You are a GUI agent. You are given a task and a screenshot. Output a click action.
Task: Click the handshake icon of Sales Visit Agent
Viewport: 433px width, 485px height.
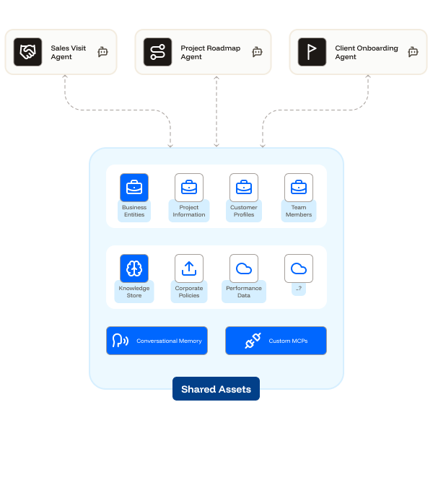point(28,52)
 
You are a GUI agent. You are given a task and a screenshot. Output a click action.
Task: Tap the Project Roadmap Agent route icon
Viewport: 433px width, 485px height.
point(158,52)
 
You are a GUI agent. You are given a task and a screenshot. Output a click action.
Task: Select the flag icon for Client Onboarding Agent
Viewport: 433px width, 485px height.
point(312,52)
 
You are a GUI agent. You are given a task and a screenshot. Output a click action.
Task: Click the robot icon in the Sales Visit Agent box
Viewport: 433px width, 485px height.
point(102,52)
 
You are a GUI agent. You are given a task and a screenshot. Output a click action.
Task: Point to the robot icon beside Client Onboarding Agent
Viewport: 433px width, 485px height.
point(413,52)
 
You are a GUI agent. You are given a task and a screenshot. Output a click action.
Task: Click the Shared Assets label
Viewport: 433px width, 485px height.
point(216,389)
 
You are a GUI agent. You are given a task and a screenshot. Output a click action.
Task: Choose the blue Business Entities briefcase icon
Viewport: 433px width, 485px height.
point(134,188)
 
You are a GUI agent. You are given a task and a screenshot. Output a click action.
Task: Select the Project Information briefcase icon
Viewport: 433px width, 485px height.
point(189,188)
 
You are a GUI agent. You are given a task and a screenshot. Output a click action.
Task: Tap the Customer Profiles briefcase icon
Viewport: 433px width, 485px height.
point(244,188)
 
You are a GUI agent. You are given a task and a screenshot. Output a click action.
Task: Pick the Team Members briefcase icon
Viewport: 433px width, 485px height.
point(299,188)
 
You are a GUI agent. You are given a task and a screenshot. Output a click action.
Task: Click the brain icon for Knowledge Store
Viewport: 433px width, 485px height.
point(134,268)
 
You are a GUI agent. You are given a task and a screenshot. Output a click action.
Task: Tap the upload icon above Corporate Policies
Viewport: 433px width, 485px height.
point(189,268)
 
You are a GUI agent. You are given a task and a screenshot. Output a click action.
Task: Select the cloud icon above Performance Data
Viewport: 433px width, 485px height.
point(244,268)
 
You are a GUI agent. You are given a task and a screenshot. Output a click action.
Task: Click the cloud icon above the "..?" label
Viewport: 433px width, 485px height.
point(299,268)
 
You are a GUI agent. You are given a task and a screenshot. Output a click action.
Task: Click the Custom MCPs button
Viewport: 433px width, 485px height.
point(276,341)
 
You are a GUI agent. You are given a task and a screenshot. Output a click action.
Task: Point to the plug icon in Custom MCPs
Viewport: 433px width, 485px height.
point(252,341)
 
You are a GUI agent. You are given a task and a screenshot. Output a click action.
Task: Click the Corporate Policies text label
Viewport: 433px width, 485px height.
point(189,292)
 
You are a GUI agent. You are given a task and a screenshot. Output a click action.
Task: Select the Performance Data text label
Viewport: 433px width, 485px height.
point(244,292)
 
